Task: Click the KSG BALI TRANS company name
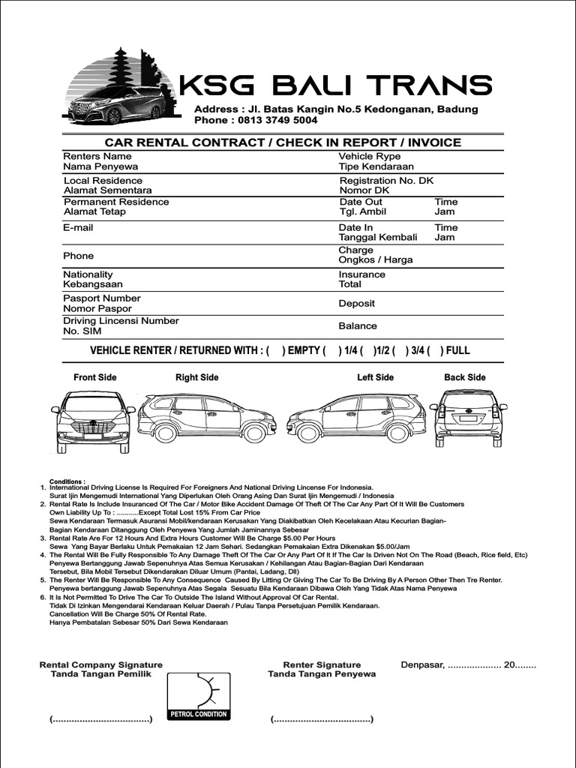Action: tap(336, 85)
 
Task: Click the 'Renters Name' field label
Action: tap(91, 156)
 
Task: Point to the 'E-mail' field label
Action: tap(78, 227)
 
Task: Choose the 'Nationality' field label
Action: tap(88, 274)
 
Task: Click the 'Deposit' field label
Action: tap(356, 304)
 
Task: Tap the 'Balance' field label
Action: tap(358, 326)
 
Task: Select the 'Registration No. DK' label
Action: tap(386, 181)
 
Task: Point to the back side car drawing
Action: tap(468, 417)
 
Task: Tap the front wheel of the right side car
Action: tap(255, 433)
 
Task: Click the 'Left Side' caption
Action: tap(375, 377)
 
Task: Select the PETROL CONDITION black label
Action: tap(199, 714)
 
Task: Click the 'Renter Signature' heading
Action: tap(322, 664)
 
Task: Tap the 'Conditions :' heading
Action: tap(67, 481)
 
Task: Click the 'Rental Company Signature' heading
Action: tap(100, 664)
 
